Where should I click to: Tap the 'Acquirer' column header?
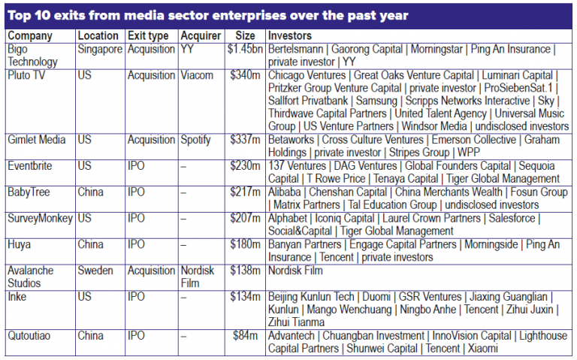(x=201, y=35)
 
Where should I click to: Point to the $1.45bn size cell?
(x=244, y=49)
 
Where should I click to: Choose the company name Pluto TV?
(x=29, y=76)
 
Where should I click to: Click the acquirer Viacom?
(x=198, y=76)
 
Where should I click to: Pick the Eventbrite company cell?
(x=31, y=166)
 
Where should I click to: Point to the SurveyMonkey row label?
(x=39, y=218)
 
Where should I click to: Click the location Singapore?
(x=100, y=49)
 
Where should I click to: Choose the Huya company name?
(x=20, y=244)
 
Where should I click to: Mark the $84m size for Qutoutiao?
(x=249, y=335)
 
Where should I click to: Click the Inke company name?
(x=18, y=296)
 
